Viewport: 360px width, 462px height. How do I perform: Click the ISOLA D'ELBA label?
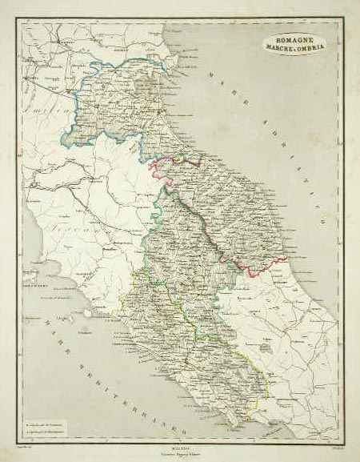(x=32, y=284)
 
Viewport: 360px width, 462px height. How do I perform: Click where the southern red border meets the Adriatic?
(x=286, y=259)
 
